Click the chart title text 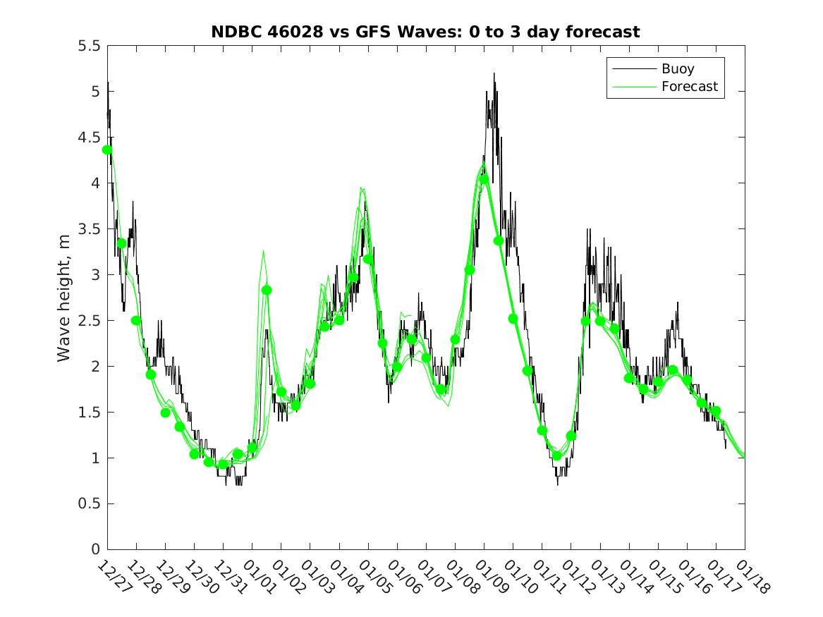[x=425, y=32]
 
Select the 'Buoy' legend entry [x=677, y=69]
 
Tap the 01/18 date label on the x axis [x=747, y=575]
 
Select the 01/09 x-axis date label [x=486, y=575]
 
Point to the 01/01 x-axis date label [x=254, y=575]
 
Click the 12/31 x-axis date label [x=225, y=575]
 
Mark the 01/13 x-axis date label [x=602, y=575]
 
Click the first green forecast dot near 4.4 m [x=107, y=149]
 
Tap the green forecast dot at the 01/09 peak [x=484, y=179]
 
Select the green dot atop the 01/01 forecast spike [x=267, y=290]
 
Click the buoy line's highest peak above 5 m [x=494, y=73]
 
